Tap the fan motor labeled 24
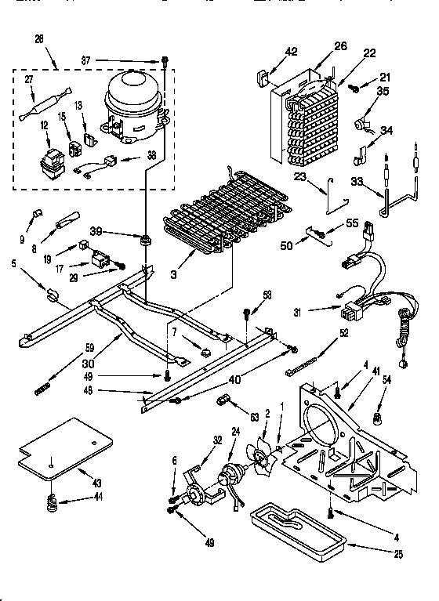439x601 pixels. coord(233,475)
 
